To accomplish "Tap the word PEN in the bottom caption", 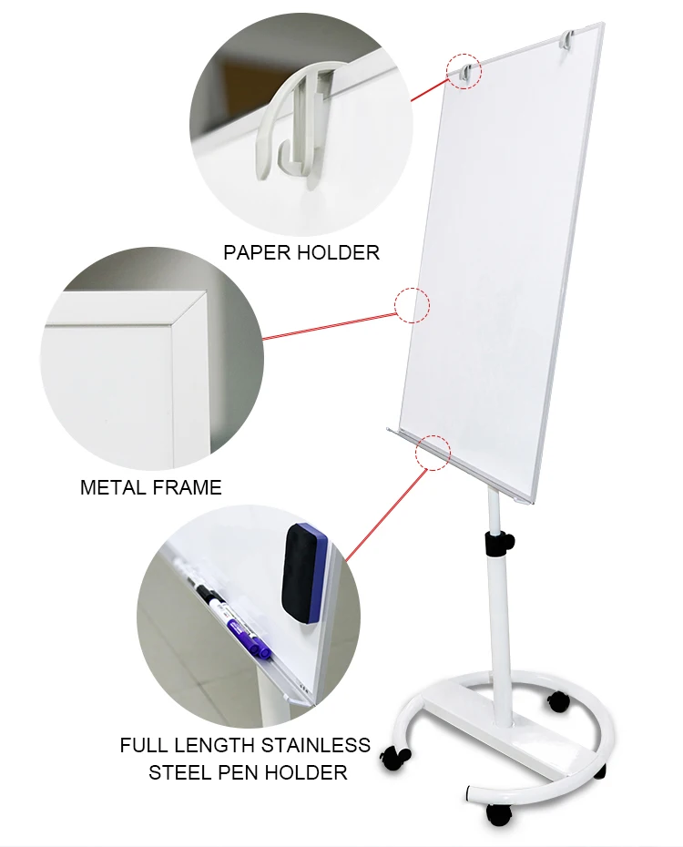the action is [x=240, y=773].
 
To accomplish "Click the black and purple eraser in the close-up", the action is [x=304, y=573].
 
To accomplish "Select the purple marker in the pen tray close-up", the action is [x=249, y=635].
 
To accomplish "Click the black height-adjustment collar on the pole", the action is [x=498, y=544].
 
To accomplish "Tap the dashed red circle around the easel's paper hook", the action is [x=463, y=71].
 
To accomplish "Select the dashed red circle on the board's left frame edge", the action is [x=412, y=305].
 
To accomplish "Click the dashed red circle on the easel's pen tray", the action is [x=433, y=452].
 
